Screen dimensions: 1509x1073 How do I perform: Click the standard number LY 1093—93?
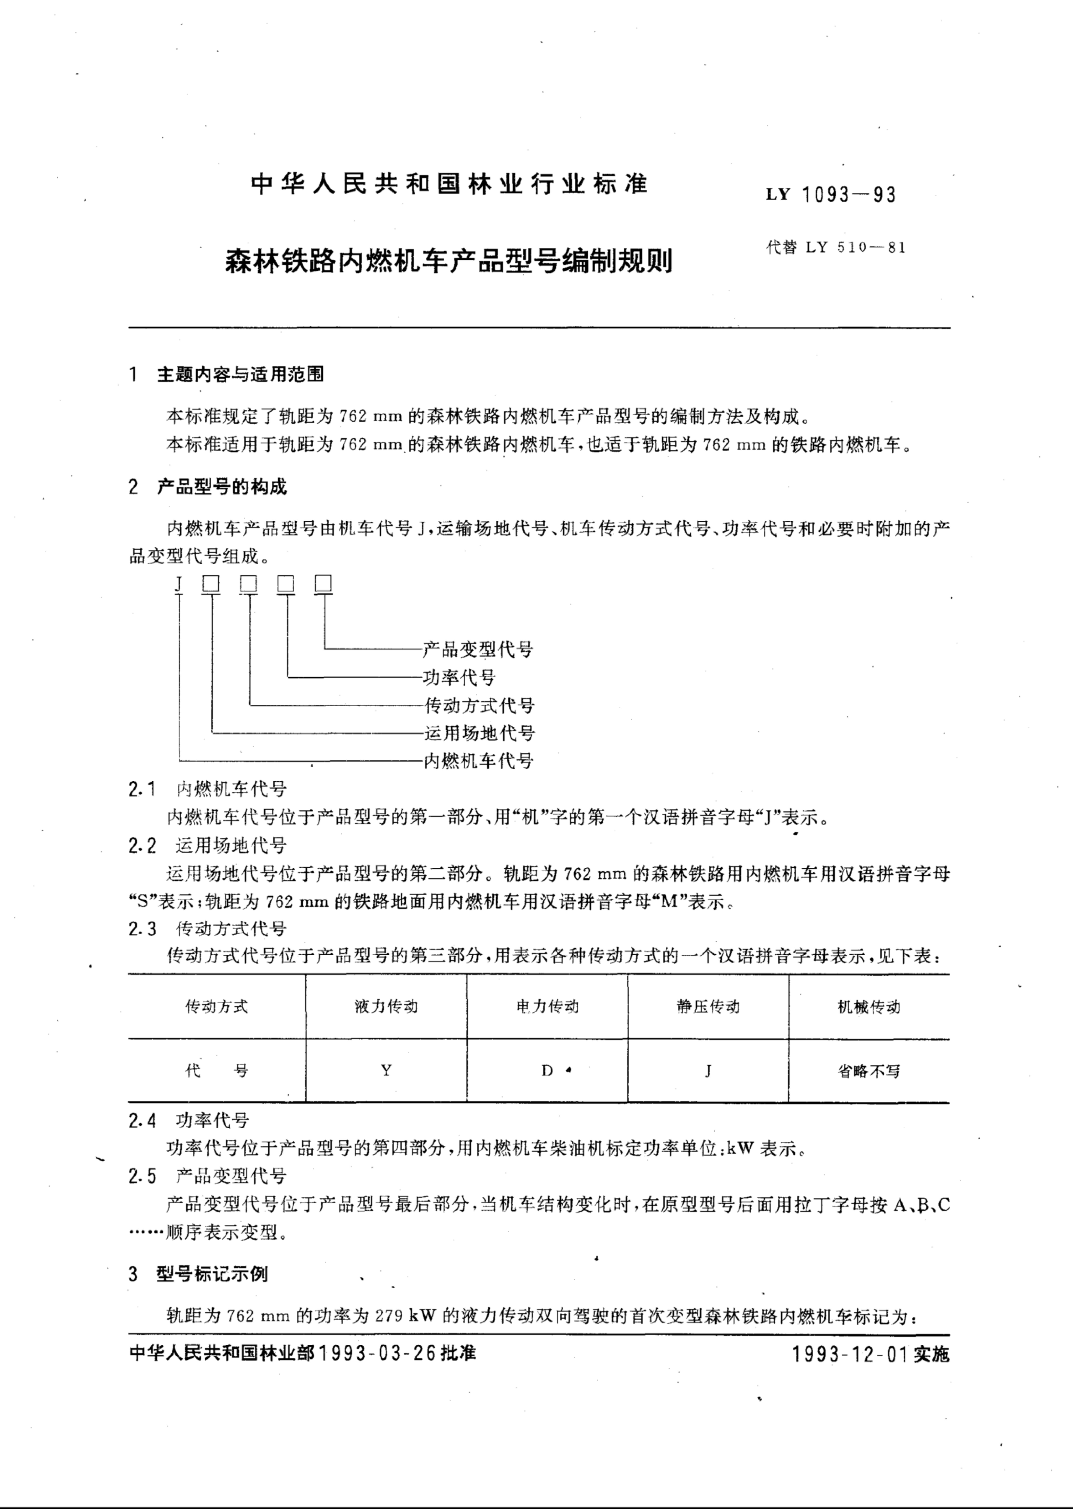coord(831,195)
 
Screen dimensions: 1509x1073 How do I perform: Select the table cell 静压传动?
coord(708,1006)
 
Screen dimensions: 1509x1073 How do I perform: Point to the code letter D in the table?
coord(547,1071)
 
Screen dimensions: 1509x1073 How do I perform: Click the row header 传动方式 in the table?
coord(217,1006)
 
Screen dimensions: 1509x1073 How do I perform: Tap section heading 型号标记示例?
coord(212,1274)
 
